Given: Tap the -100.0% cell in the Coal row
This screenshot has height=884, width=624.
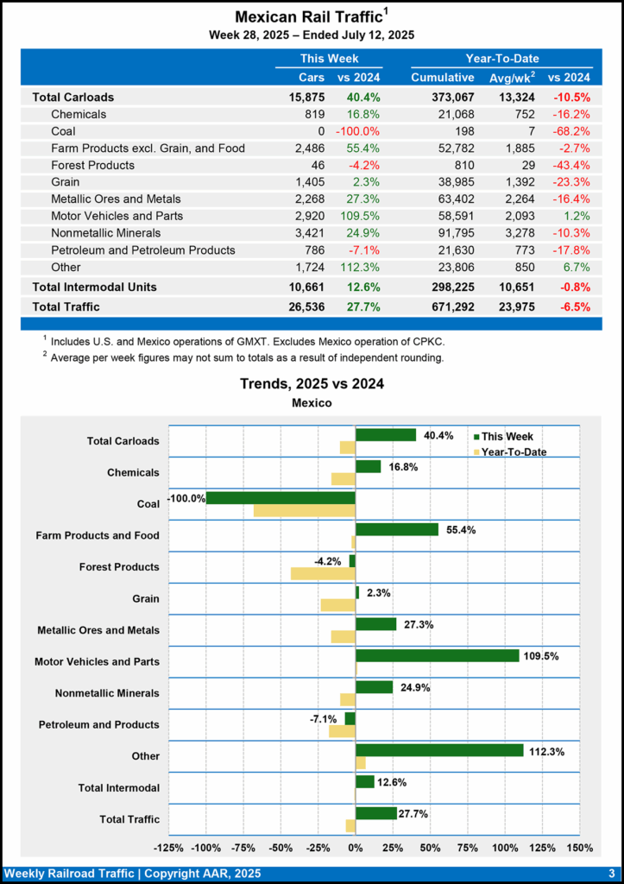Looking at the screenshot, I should tap(359, 131).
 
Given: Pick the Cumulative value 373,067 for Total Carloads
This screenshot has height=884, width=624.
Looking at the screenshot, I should tap(442, 98).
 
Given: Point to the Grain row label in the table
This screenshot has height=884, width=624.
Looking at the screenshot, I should tap(66, 182).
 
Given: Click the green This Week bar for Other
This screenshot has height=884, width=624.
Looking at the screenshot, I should tap(439, 750).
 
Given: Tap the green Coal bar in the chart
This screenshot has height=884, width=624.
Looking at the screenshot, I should tap(280, 498).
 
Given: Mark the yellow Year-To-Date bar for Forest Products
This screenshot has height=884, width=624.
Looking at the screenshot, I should tap(323, 573).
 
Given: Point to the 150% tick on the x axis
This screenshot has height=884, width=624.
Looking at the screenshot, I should tap(579, 848).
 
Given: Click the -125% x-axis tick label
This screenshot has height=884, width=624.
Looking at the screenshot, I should tap(168, 848).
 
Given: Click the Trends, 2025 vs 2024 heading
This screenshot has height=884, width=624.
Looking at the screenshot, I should tap(311, 384).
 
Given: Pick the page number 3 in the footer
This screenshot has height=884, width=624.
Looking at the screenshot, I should tap(611, 873).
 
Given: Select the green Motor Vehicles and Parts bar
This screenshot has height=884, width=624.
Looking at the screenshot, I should tap(437, 655).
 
